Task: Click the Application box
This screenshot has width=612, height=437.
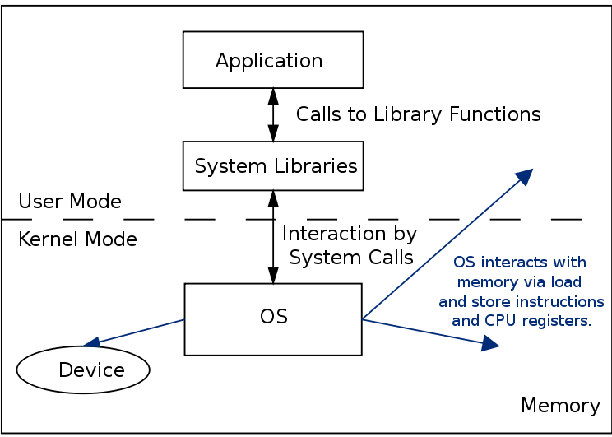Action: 272,60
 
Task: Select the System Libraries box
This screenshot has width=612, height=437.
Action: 272,166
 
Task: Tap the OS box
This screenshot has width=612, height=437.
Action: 272,319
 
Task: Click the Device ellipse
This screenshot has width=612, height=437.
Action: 83,370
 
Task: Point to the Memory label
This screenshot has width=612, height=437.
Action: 560,406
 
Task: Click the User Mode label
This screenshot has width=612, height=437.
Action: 70,202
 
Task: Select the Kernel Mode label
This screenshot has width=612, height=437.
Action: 77,239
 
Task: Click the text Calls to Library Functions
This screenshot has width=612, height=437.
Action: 418,114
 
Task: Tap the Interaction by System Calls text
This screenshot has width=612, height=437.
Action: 350,245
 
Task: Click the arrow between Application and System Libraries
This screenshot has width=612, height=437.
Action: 272,114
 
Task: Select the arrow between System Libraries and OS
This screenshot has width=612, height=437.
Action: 272,237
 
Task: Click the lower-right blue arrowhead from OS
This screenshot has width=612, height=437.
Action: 490,345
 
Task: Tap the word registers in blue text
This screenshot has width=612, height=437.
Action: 558,321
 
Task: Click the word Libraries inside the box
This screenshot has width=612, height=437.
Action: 318,166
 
